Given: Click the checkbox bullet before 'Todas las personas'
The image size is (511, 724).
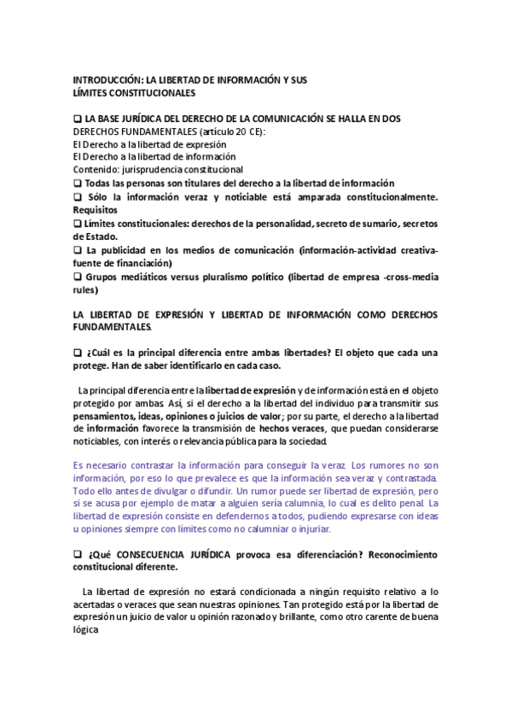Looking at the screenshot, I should pyautogui.click(x=78, y=183).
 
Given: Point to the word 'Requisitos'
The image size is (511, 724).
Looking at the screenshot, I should pyautogui.click(x=96, y=210).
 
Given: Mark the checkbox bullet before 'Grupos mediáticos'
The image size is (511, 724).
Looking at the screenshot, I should pyautogui.click(x=78, y=277).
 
